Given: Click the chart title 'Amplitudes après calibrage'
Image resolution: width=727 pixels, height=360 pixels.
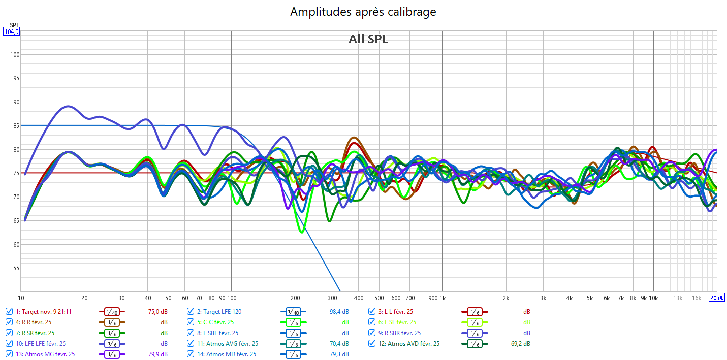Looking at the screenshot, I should coord(363,12).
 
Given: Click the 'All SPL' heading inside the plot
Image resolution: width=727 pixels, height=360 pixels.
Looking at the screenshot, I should coord(368,39).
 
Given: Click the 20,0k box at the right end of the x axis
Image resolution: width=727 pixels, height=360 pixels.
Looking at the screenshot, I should coord(716,298).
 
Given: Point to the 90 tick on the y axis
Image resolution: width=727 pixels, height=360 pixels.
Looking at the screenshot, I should coord(14,102).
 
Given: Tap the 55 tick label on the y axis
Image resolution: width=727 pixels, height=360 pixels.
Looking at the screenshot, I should coord(14,268).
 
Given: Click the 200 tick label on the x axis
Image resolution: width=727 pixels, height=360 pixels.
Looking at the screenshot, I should coord(295,298).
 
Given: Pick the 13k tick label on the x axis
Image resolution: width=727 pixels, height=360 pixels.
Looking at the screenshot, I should coord(678,298).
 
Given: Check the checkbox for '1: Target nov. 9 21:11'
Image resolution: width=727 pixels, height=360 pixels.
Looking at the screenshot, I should coord(9,312).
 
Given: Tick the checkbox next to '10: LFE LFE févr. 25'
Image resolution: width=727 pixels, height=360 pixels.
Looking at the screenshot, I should coord(9,344).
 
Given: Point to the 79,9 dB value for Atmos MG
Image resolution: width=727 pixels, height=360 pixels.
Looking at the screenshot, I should coord(157,354).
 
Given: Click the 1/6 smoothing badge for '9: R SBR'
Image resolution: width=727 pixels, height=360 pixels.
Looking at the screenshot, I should coord(475,333).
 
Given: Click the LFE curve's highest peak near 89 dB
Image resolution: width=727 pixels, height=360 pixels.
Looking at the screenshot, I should coord(68,106).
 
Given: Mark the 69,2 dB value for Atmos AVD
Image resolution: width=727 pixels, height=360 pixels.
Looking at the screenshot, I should coord(520,344).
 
